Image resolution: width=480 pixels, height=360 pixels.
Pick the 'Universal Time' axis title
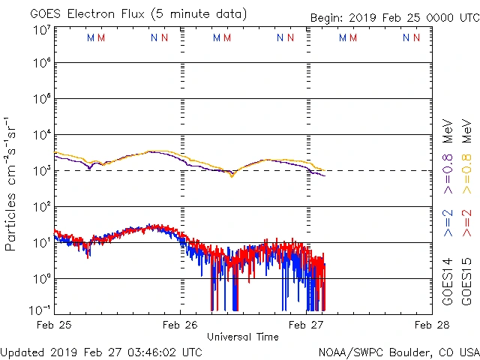[x=243, y=337]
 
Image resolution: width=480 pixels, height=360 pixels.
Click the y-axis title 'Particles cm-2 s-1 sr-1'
[x=12, y=184]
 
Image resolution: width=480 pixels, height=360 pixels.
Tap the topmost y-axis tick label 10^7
[x=41, y=30]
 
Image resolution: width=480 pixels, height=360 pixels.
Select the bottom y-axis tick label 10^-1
[x=41, y=310]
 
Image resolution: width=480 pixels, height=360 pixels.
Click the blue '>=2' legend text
[x=448, y=223]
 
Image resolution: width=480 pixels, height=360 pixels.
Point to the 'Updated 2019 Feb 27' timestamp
[x=101, y=352]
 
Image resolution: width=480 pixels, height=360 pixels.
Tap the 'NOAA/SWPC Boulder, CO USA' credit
[x=398, y=352]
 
